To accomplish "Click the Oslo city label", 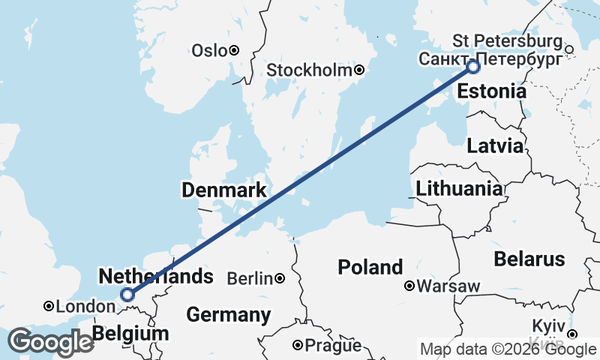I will [208, 50].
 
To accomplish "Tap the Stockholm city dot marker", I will [360, 70].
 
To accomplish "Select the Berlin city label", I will [249, 278].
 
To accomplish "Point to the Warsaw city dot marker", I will [409, 286].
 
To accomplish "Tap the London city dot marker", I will [48, 306].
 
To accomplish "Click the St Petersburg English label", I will [508, 40].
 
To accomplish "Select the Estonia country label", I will [491, 92].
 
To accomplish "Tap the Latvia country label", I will [494, 145].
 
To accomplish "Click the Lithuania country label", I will [459, 188].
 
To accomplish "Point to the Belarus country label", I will [529, 259].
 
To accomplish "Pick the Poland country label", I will [370, 267].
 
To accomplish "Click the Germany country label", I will [229, 314].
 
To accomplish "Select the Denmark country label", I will [223, 190].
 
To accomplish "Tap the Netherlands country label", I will [156, 276].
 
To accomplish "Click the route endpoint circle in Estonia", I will [473, 67].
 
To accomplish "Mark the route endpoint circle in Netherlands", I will [127, 295].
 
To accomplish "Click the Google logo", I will [51, 341].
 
